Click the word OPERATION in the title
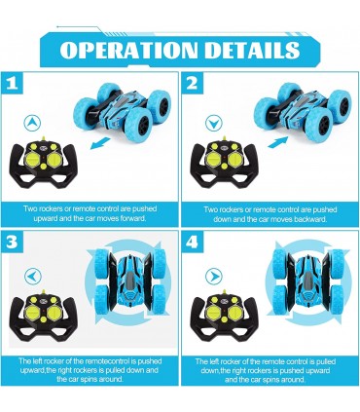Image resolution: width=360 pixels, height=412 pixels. click(x=128, y=50)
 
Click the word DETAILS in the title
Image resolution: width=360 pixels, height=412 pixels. click(x=253, y=50)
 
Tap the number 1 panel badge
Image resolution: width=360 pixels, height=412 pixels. click(x=12, y=84)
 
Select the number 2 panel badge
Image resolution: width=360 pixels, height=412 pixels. click(x=193, y=84)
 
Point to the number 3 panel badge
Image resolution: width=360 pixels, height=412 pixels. click(x=12, y=242)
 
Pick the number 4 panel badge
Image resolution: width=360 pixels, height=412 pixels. click(x=193, y=242)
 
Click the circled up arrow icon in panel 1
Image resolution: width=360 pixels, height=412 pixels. click(x=32, y=123)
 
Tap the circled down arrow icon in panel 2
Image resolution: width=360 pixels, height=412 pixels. click(x=214, y=124)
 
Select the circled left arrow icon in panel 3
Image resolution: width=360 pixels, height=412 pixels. click(x=33, y=277)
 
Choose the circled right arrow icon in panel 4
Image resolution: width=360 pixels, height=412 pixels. click(x=214, y=277)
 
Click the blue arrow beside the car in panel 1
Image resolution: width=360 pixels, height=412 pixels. click(x=100, y=143)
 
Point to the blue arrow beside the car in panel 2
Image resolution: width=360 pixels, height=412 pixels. click(x=278, y=142)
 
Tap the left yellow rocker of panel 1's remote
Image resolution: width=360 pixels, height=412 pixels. click(x=32, y=159)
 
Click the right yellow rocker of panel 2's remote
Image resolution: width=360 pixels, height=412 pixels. click(x=234, y=159)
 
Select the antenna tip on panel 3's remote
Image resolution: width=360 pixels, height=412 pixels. click(x=44, y=291)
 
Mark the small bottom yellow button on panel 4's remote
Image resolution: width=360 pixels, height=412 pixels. click(x=225, y=319)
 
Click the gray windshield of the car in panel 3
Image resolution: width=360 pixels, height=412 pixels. click(x=129, y=279)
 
